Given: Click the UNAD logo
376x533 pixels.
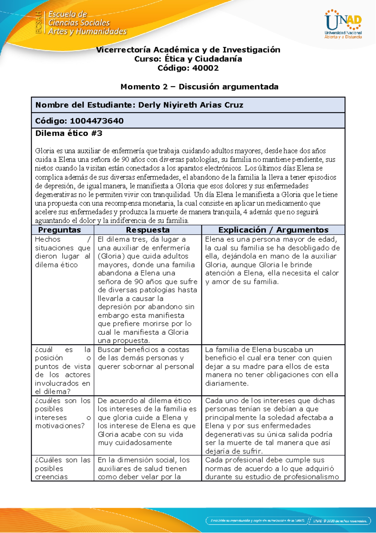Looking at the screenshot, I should coord(343,24).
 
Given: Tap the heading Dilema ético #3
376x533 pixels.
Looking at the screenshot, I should coord(69,133).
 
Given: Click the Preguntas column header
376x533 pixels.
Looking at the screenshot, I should coord(60,230).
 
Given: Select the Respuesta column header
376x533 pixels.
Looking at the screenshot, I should coord(148,230).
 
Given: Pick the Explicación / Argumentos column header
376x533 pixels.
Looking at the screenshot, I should coord(273,230).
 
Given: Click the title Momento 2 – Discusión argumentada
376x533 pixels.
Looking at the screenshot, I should coord(199,87).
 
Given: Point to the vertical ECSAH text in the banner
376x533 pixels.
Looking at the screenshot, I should coord(38,22).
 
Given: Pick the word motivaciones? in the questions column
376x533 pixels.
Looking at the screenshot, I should coord(60,426).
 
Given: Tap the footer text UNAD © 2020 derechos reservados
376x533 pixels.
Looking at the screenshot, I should coord(340,521).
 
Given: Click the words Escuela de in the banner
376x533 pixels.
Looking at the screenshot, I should coord(67,14).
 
